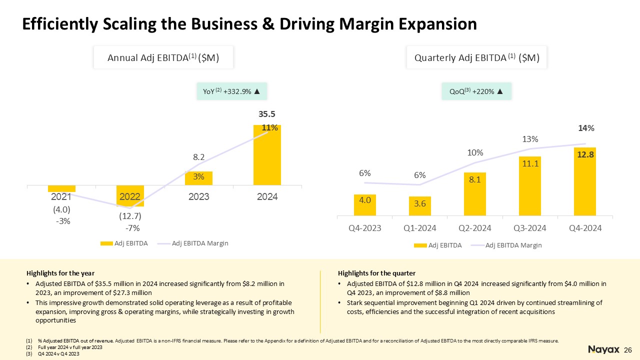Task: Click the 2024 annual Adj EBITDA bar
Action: (267, 160)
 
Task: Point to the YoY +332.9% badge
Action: (230, 91)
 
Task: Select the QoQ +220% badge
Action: (476, 91)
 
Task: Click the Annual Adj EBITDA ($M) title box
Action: (163, 57)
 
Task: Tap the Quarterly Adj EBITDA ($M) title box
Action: (477, 57)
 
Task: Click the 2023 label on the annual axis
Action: (198, 197)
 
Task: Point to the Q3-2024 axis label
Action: (529, 228)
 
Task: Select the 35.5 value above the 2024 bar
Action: (267, 115)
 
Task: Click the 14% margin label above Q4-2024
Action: (586, 128)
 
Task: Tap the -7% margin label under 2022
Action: (132, 228)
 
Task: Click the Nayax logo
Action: (603, 349)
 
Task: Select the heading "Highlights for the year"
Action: (60, 273)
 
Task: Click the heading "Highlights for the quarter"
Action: (376, 273)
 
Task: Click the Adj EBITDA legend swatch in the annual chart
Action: (106, 243)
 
